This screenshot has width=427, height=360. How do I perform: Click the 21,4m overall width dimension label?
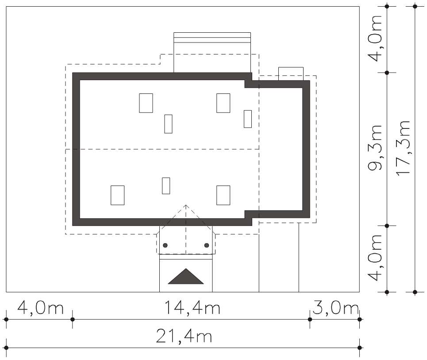pyautogui.click(x=184, y=336)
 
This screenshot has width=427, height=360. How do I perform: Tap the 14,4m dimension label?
pyautogui.click(x=192, y=308)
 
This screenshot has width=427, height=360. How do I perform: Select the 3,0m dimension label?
pyautogui.click(x=335, y=308)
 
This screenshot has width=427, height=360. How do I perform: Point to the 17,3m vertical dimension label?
pyautogui.click(x=403, y=148)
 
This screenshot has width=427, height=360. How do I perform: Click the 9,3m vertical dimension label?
pyautogui.click(x=375, y=148)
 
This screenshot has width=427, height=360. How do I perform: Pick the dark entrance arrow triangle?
pyautogui.click(x=186, y=276)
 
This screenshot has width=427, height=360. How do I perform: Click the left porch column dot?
pyautogui.click(x=165, y=245)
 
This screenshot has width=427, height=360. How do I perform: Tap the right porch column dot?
pyautogui.click(x=206, y=245)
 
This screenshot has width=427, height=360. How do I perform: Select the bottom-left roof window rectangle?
pyautogui.click(x=118, y=195)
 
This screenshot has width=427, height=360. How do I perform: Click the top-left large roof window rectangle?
pyautogui.click(x=146, y=103)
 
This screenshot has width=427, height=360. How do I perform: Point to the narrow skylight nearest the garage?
pyautogui.click(x=248, y=119)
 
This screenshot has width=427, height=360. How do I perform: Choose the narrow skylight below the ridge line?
pyautogui.click(x=166, y=186)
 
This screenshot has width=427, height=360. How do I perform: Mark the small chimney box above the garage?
pyautogui.click(x=291, y=74)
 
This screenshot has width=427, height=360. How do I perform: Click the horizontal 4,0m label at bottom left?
pyautogui.click(x=40, y=308)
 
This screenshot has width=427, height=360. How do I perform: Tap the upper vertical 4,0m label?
pyautogui.click(x=375, y=39)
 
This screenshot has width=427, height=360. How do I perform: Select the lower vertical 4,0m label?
pyautogui.click(x=375, y=258)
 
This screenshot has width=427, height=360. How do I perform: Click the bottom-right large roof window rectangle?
pyautogui.click(x=223, y=195)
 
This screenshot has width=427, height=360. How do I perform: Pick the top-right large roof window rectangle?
pyautogui.click(x=223, y=103)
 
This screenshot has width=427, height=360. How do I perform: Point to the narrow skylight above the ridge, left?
pyautogui.click(x=168, y=124)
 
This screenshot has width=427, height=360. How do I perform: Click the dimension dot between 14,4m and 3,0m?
pyautogui.click(x=310, y=319)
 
